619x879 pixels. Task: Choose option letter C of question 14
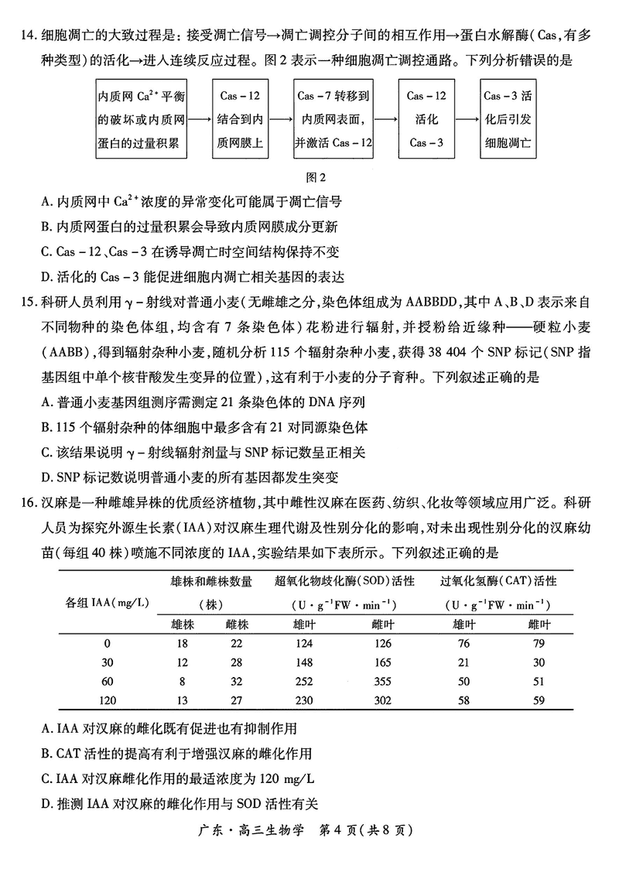point(47,252)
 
